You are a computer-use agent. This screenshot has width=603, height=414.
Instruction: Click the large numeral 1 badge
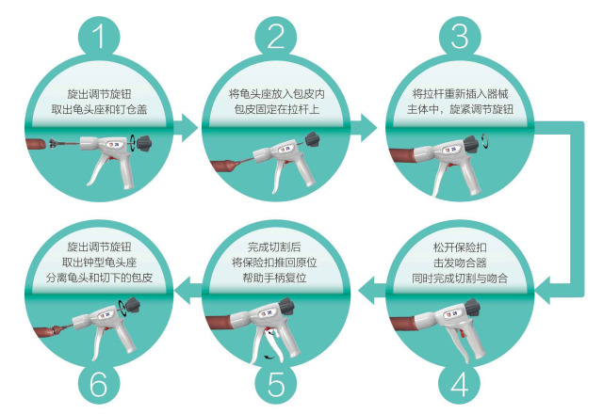(x=99, y=37)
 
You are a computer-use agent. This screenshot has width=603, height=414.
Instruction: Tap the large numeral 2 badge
(x=276, y=37)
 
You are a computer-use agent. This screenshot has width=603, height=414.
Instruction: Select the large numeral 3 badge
(x=460, y=37)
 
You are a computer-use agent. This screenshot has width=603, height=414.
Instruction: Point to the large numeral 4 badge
(x=460, y=383)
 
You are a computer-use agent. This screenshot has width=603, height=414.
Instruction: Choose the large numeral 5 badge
(x=276, y=383)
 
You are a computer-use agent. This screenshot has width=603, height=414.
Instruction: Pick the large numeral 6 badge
(x=99, y=383)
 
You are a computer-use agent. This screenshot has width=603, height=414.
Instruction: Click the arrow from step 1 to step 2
(x=187, y=127)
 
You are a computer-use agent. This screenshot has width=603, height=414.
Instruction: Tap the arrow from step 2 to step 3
(x=364, y=127)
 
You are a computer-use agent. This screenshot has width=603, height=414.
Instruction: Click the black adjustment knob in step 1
(x=144, y=143)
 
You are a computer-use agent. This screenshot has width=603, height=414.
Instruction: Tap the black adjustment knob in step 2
(x=312, y=140)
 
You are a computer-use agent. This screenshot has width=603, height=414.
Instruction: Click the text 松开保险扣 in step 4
(x=460, y=247)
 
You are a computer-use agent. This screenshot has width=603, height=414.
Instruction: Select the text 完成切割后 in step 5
(x=274, y=247)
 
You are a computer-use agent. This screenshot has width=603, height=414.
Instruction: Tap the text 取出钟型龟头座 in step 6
(x=100, y=263)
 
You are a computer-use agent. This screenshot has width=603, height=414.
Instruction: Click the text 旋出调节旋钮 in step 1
(x=100, y=94)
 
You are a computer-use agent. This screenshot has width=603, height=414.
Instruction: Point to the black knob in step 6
(x=133, y=305)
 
